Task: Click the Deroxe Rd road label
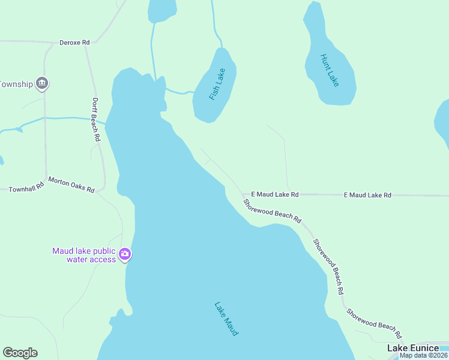[74, 43]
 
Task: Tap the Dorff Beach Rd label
[96, 119]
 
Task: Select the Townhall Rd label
[26, 188]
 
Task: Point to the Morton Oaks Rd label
[71, 185]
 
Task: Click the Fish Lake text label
[217, 85]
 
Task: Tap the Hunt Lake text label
[330, 70]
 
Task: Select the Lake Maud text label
[226, 318]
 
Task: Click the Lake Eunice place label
[412, 348]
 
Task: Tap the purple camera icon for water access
[125, 254]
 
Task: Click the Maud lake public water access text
[84, 255]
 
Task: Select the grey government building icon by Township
[42, 83]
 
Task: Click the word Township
[16, 84]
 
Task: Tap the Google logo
[20, 353]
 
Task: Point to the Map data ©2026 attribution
[423, 355]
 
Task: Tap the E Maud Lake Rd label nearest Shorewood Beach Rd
[274, 194]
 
